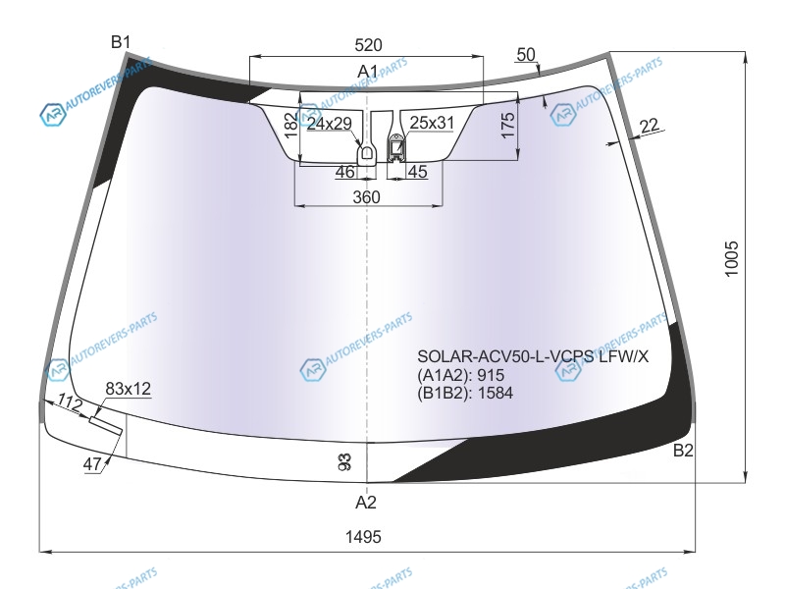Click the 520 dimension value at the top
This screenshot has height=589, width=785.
tap(368, 45)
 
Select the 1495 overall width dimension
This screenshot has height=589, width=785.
tap(363, 537)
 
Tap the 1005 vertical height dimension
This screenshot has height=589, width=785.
tap(731, 258)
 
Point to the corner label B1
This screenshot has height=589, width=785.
tap(121, 42)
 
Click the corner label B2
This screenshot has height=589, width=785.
tap(683, 451)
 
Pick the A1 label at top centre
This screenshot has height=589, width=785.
tap(367, 72)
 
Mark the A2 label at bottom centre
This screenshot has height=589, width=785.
tap(365, 502)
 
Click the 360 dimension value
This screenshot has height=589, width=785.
tap(366, 197)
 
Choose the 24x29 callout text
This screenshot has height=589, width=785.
tap(330, 124)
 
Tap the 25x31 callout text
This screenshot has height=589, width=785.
tap(432, 123)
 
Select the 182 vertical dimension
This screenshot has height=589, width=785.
tap(290, 126)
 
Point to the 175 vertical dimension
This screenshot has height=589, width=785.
tap(507, 126)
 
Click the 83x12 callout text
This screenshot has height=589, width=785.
tap(129, 389)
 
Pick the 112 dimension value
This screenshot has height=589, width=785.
tap(69, 402)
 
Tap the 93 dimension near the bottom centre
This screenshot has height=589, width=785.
tap(345, 461)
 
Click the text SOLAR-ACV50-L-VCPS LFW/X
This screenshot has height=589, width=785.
tap(533, 356)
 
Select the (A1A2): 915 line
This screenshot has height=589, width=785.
tap(460, 375)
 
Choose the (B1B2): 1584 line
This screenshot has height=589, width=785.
tap(465, 394)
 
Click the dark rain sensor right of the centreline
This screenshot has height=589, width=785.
tap(396, 148)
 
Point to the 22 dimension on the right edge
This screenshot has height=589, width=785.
tap(650, 126)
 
